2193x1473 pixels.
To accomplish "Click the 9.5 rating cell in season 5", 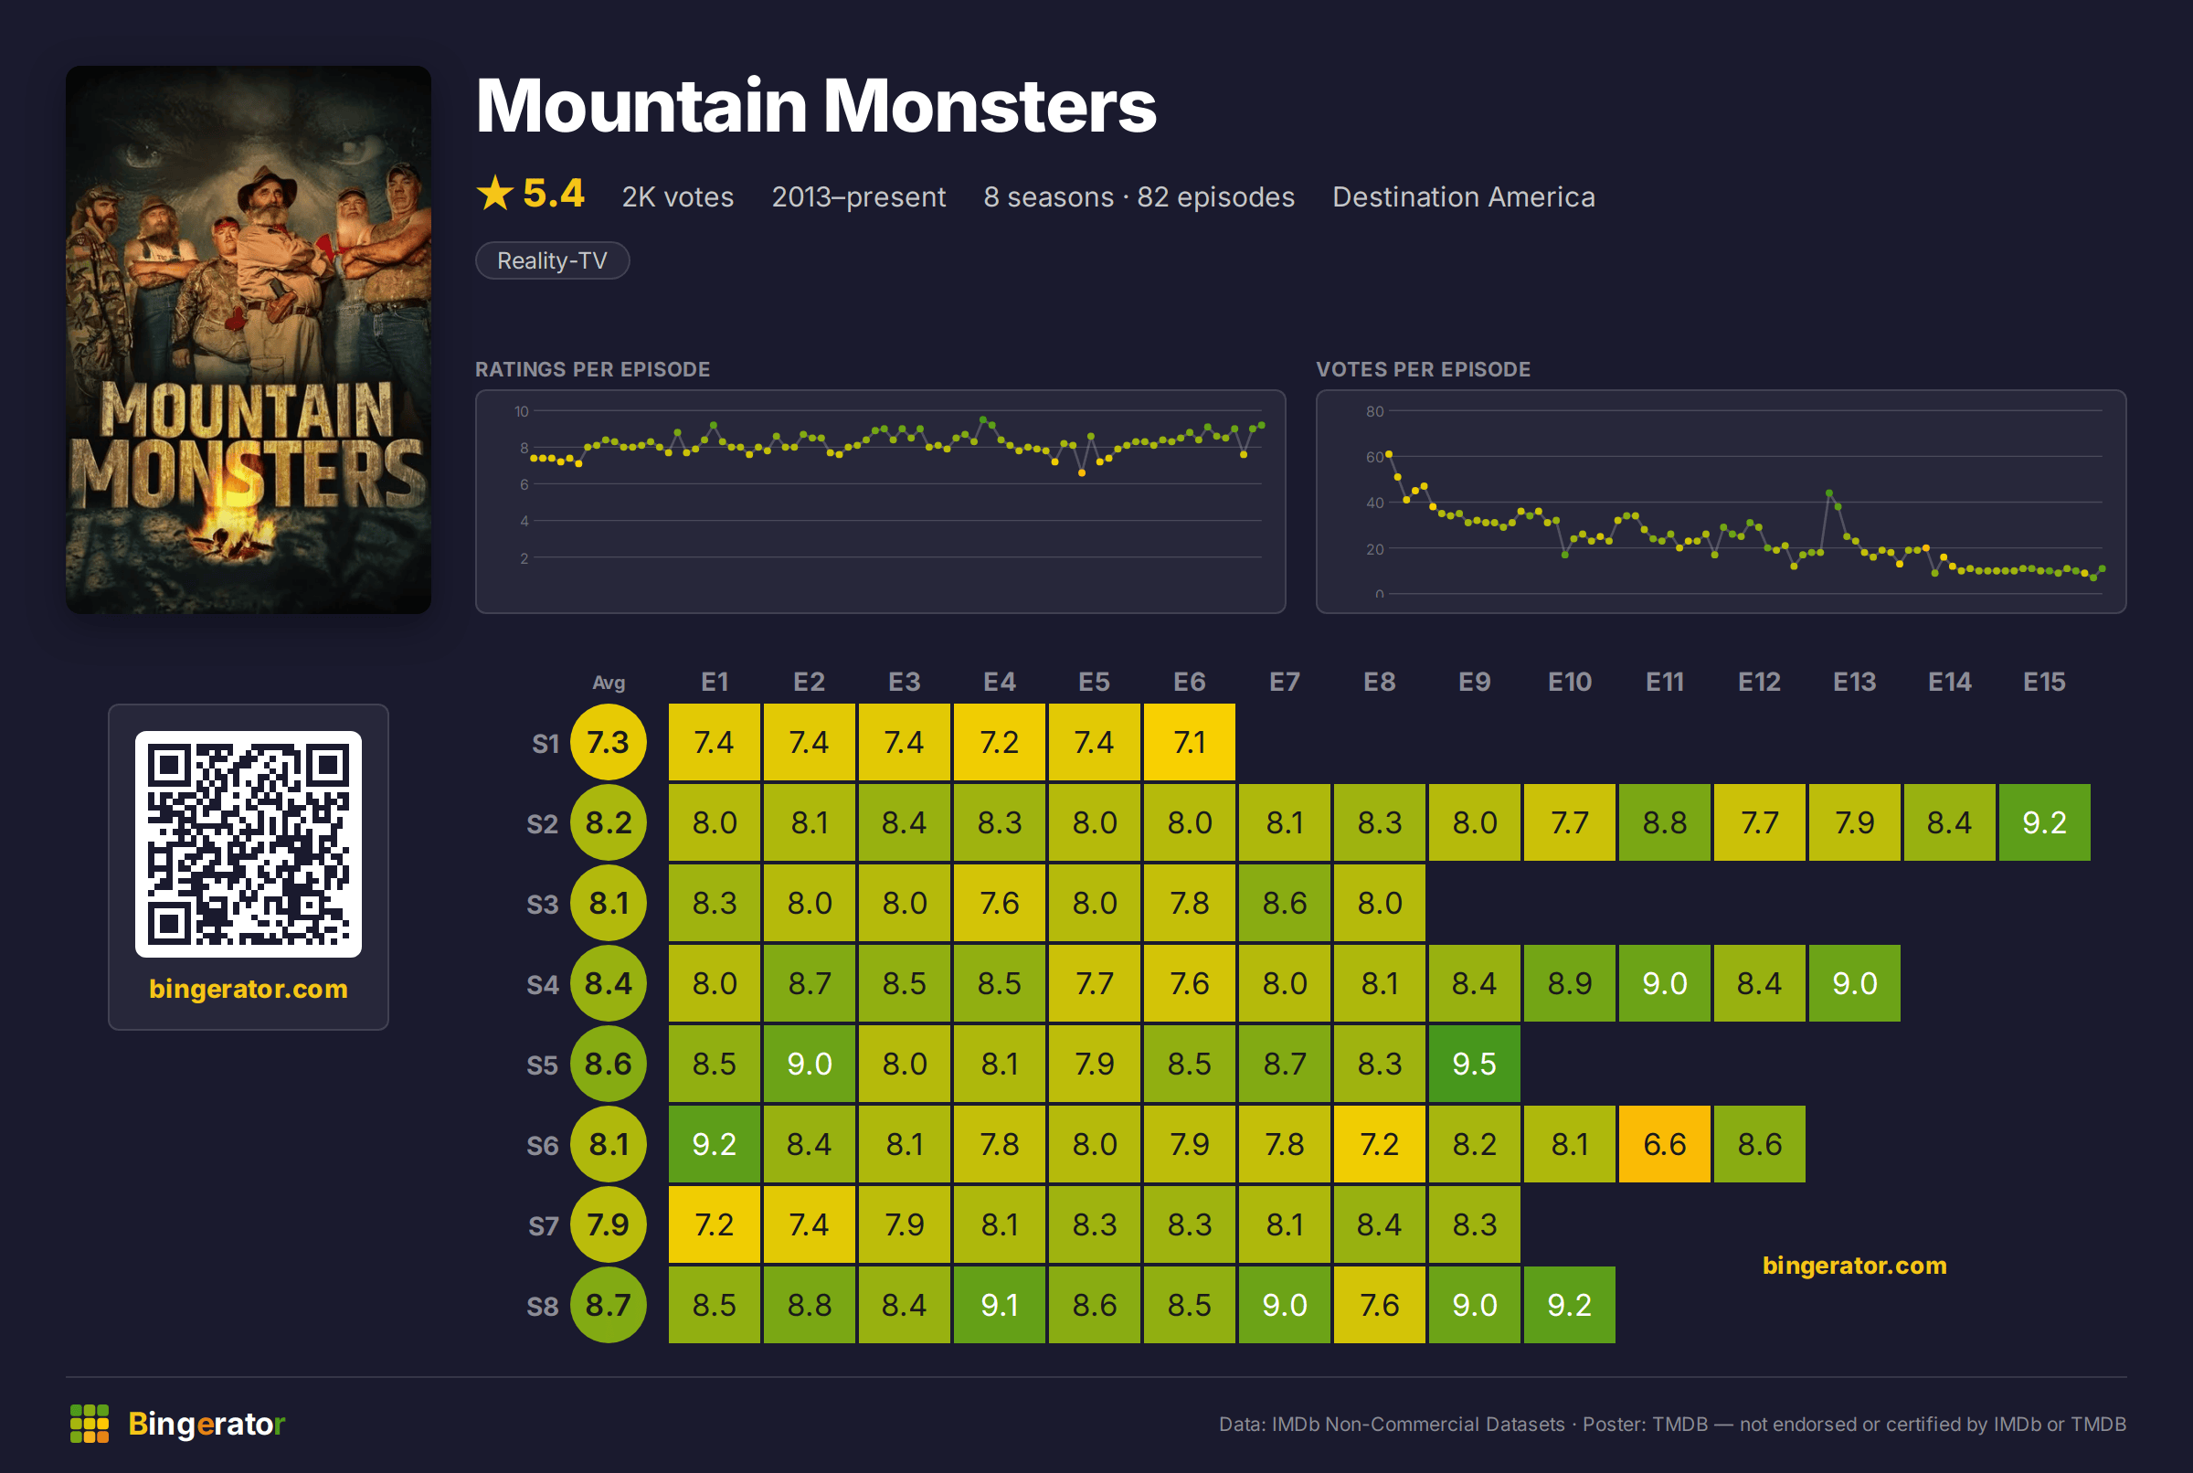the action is point(1474,1064).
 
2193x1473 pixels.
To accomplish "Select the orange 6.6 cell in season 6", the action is point(1664,1144).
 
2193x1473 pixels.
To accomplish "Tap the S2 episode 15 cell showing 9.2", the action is point(2044,823).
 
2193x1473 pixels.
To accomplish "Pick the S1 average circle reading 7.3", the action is point(609,742).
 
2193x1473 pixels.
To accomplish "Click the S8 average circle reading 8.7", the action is point(609,1305).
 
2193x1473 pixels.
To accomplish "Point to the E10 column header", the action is point(1570,682).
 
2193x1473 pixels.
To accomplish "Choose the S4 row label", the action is point(543,984).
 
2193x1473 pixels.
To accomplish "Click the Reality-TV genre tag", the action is point(552,260).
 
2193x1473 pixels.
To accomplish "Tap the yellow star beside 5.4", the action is point(495,194).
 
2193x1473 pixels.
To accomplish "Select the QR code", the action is point(248,843).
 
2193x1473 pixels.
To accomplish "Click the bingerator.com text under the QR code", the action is point(248,989).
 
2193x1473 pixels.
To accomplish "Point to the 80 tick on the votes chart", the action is point(1375,411).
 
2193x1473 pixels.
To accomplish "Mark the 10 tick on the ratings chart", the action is point(521,411).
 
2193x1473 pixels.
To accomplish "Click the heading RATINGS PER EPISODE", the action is point(593,369).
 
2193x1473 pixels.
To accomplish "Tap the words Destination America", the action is point(1463,197).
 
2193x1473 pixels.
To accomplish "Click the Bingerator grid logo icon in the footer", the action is point(90,1424).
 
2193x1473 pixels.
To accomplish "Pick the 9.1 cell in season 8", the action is point(1000,1305).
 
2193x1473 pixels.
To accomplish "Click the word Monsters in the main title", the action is point(990,105).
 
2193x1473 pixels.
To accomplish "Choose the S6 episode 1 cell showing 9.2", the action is point(714,1144).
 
